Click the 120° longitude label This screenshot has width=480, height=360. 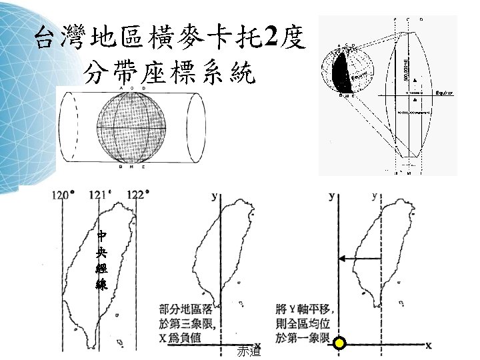tap(63, 195)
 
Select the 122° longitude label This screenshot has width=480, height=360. tap(138, 195)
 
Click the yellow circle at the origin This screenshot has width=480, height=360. tap(339, 345)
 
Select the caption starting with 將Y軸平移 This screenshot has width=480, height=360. tap(303, 323)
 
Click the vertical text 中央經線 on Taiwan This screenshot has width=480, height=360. tap(101, 260)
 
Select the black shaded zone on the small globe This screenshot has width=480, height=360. tap(339, 73)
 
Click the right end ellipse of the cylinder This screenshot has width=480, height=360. tap(197, 126)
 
